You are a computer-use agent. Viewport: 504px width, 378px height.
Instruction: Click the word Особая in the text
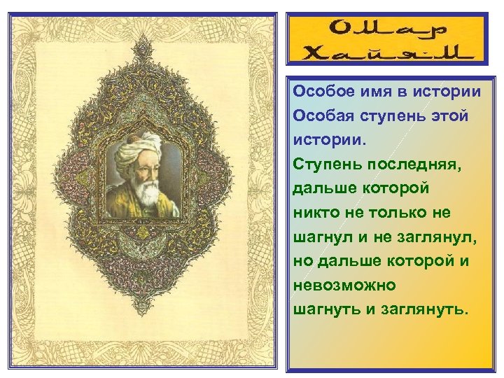tap(321, 116)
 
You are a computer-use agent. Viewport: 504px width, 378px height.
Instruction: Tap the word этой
tap(447, 116)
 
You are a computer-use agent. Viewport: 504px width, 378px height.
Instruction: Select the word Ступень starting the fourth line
tap(321, 164)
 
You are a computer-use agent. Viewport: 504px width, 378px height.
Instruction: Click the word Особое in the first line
tap(321, 92)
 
